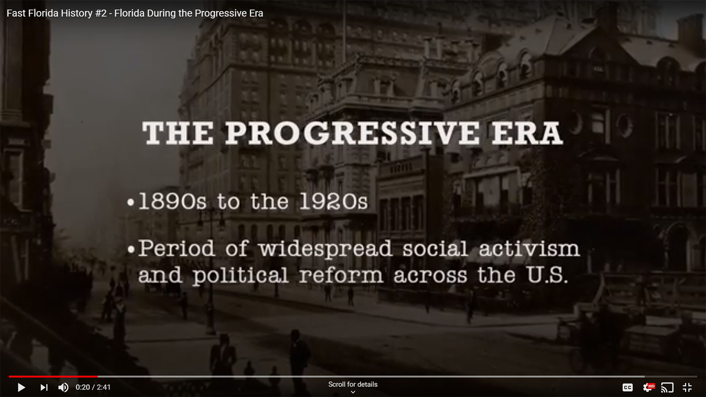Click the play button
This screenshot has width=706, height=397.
[21, 387]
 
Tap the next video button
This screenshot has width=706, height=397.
[44, 387]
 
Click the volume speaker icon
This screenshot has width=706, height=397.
[64, 387]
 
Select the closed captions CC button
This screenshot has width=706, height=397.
[627, 387]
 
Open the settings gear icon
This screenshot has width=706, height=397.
[648, 387]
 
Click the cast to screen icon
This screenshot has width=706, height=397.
[667, 387]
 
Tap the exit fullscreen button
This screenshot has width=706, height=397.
[687, 387]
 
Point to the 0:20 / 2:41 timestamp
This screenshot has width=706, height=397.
[93, 387]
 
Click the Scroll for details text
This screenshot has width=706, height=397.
[353, 384]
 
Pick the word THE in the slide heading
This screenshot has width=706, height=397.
[178, 133]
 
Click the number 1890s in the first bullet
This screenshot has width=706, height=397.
[173, 202]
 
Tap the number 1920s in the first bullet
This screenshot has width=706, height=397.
[334, 202]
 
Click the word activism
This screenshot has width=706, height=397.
[529, 249]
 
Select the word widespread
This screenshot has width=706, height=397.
[325, 250]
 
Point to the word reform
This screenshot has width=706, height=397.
[341, 276]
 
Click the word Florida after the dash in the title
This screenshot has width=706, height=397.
[129, 13]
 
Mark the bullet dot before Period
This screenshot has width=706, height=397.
[131, 250]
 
